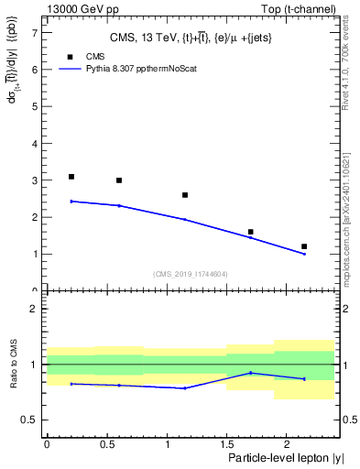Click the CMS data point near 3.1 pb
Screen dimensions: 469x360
tap(71, 177)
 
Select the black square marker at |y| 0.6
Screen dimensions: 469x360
tap(119, 180)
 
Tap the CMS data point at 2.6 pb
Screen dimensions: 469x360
tap(185, 195)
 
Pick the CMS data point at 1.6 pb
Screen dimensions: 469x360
tap(250, 232)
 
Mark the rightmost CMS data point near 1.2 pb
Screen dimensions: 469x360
tap(304, 246)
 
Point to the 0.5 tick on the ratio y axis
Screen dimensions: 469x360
tap(31, 420)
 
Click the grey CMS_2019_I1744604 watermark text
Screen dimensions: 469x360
tap(190, 274)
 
